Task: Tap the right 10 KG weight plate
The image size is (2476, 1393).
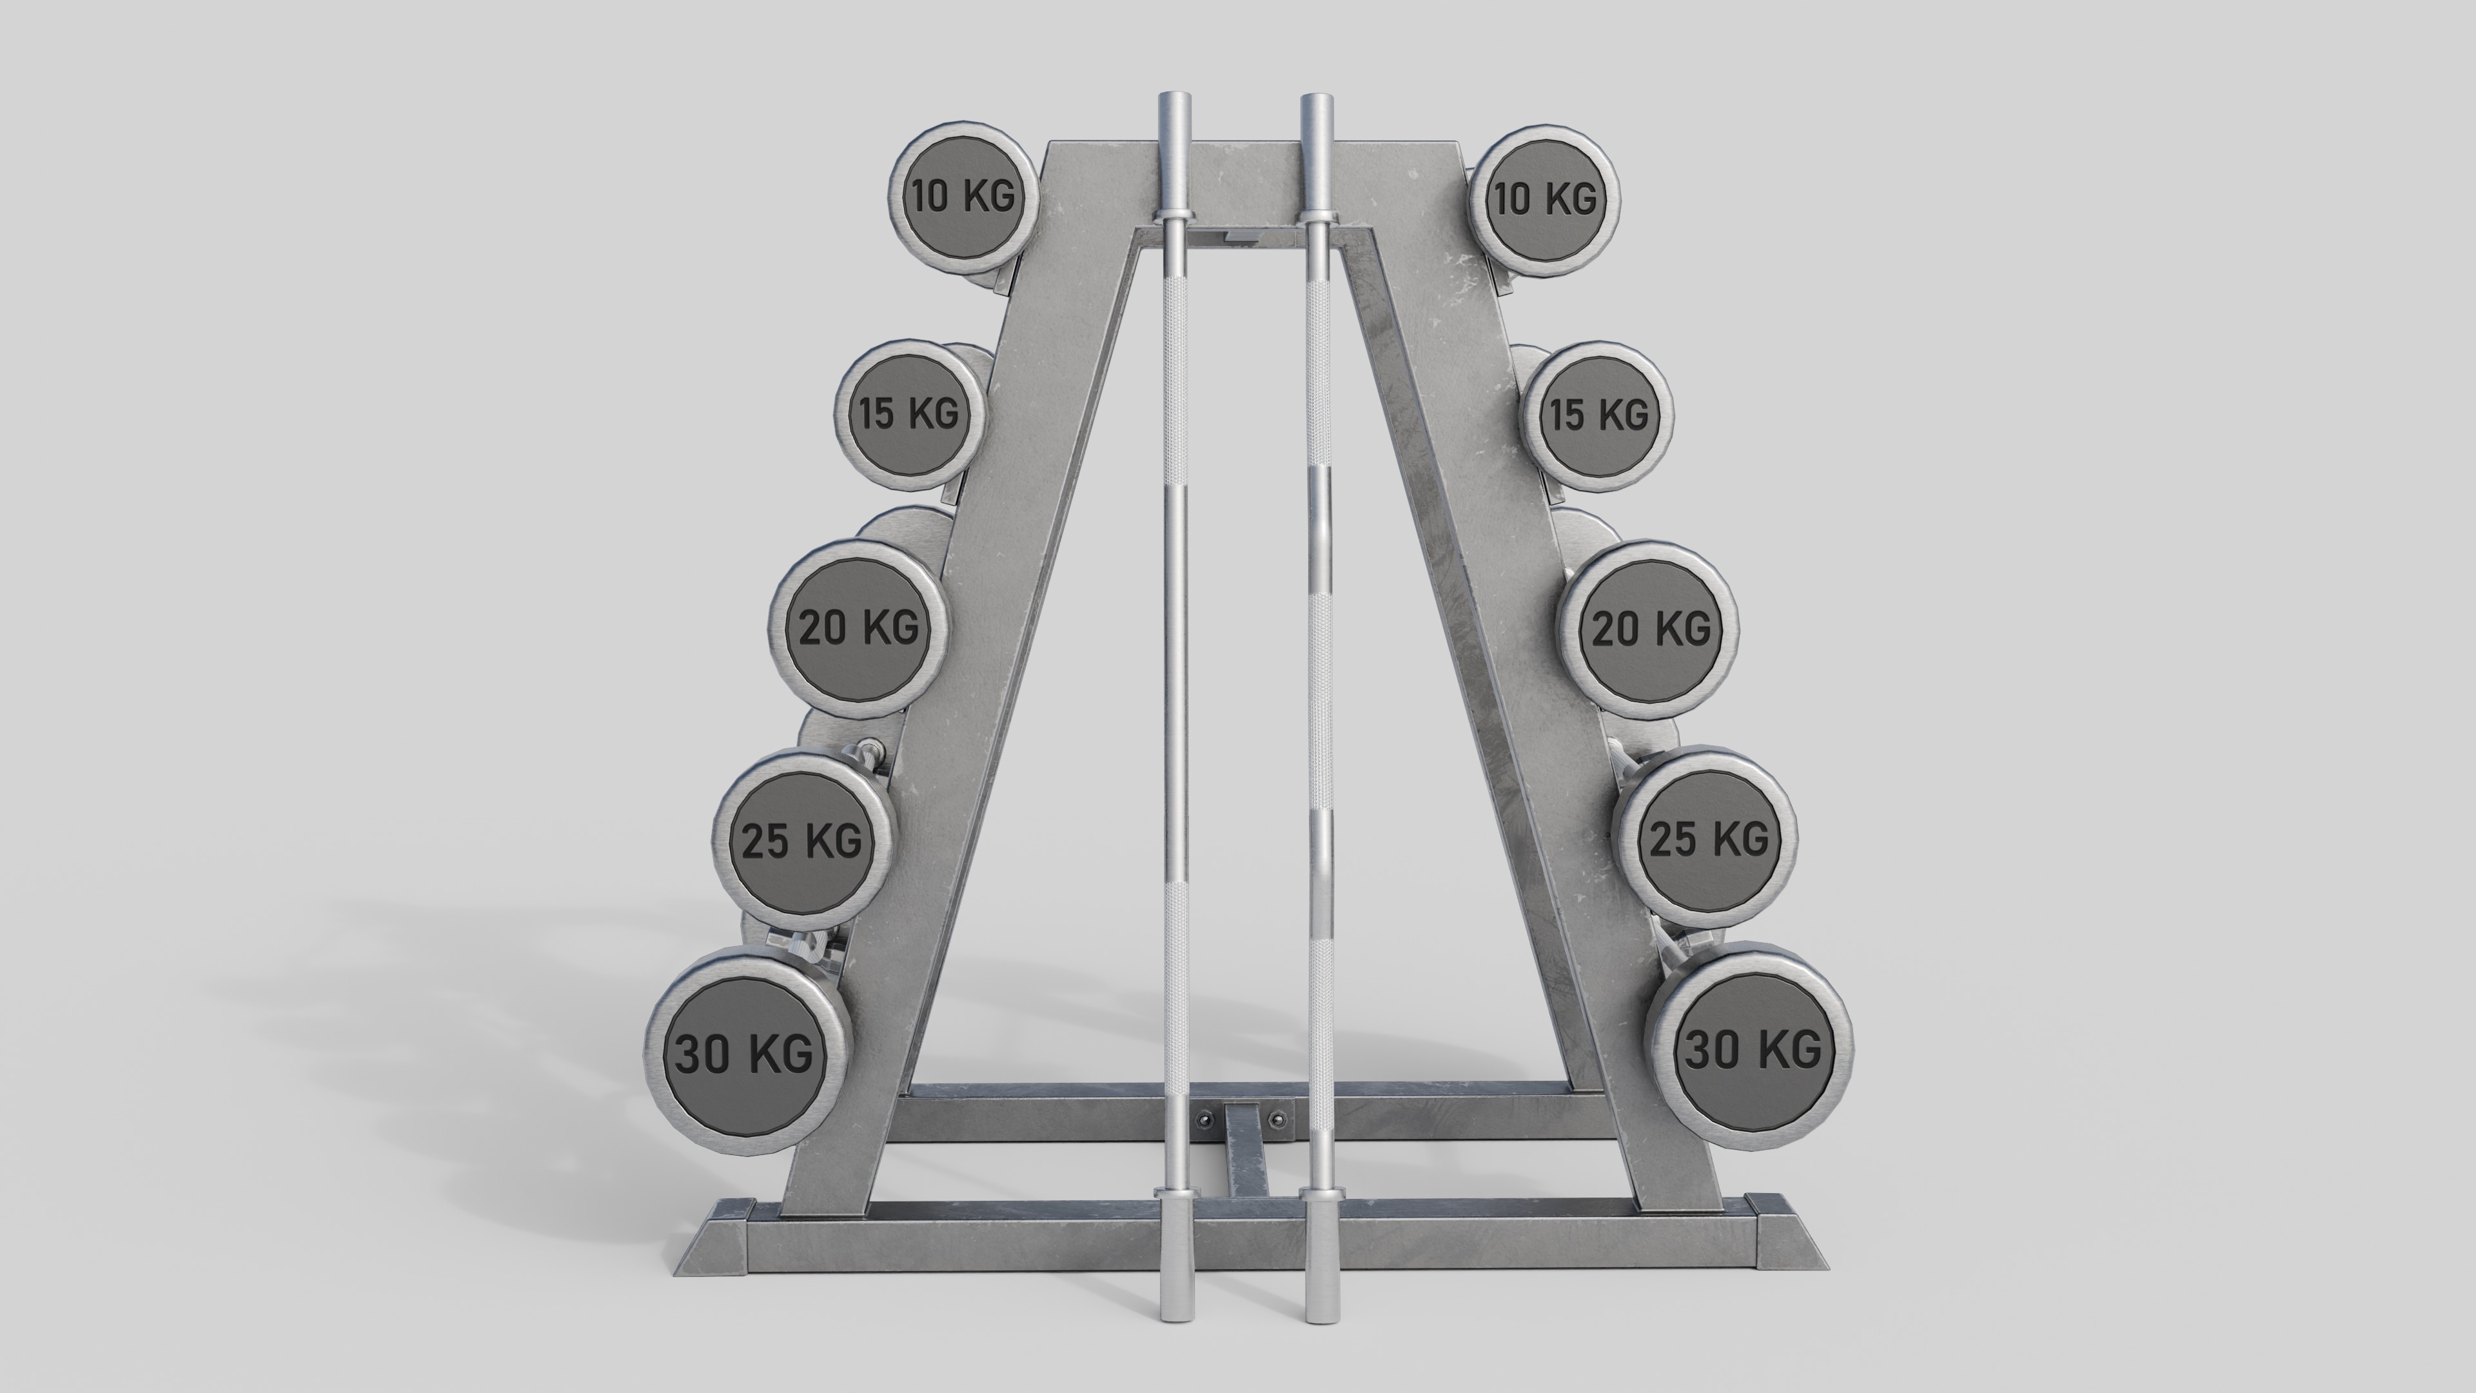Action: (1544, 199)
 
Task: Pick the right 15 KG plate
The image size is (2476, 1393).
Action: (1598, 415)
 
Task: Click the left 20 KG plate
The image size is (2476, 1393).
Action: (858, 627)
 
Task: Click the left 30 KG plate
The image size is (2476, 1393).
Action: (746, 1054)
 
